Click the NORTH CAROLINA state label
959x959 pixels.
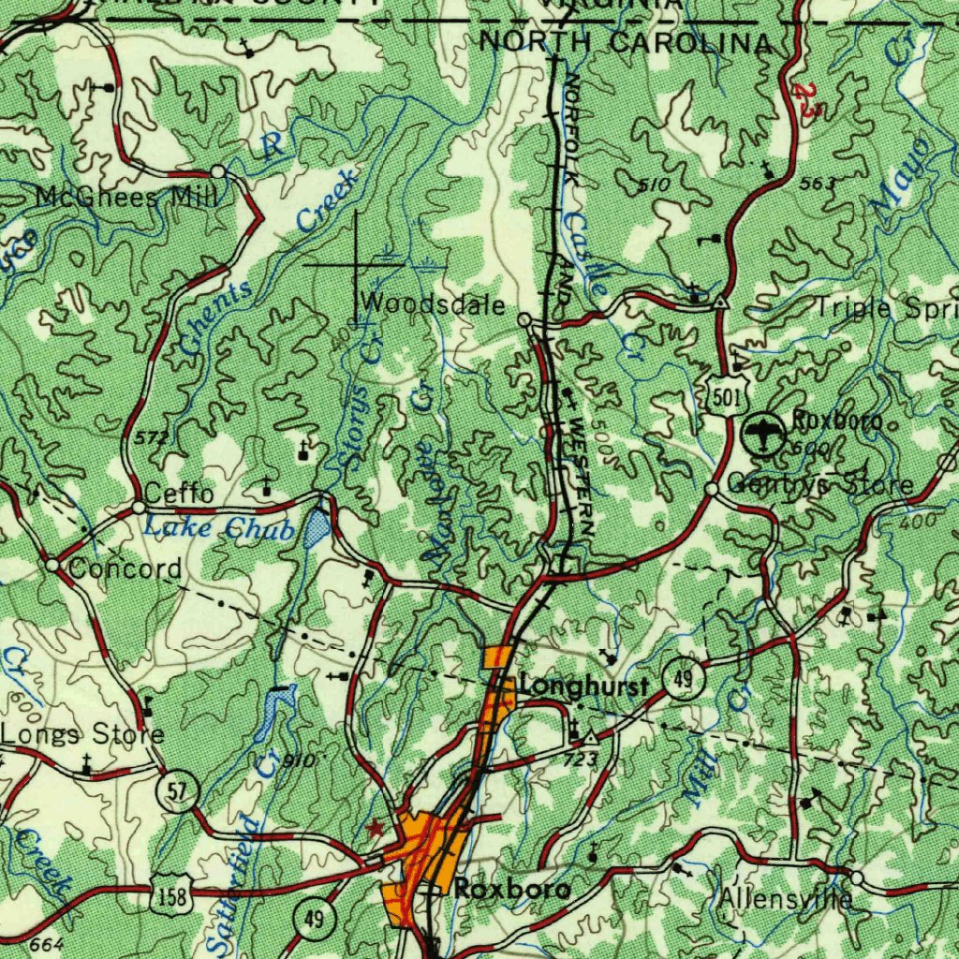click(x=626, y=42)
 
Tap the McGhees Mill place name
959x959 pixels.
click(x=126, y=198)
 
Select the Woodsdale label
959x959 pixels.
click(x=433, y=304)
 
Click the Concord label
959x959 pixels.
click(x=125, y=569)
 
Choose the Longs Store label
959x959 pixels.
click(x=82, y=734)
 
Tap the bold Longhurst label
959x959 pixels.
click(x=583, y=687)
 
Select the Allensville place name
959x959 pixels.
click(x=786, y=900)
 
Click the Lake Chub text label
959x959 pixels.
click(x=218, y=528)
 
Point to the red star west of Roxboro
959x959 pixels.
click(x=376, y=827)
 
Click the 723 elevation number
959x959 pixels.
click(x=581, y=760)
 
